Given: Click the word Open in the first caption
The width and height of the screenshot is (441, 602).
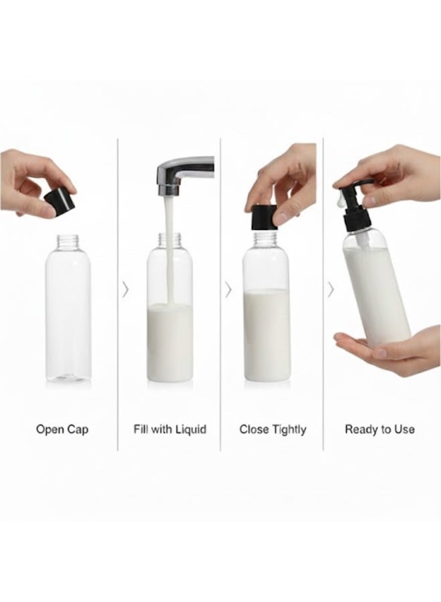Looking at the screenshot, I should click(x=49, y=429).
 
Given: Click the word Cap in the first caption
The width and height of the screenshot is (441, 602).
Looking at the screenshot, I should click(x=78, y=429).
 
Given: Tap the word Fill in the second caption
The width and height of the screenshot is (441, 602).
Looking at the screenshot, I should click(x=140, y=429).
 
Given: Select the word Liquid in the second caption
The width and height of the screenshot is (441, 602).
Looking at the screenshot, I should click(x=191, y=429).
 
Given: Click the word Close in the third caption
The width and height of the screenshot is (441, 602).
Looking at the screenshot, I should click(x=254, y=429).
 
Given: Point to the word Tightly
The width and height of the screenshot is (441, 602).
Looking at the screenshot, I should click(x=289, y=429).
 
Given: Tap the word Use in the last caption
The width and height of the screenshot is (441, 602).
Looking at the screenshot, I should click(x=404, y=429).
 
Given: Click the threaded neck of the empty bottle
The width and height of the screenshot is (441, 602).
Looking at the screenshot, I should click(x=67, y=239).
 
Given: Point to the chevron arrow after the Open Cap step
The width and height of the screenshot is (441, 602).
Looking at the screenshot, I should click(x=125, y=289).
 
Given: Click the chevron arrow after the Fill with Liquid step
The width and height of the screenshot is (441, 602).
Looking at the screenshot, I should click(x=228, y=289).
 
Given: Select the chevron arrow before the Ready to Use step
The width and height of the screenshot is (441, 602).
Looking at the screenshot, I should click(x=330, y=289).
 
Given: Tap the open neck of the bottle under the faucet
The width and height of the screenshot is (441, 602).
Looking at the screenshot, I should click(x=170, y=239).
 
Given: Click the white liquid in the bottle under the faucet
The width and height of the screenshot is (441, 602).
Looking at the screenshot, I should click(x=170, y=341).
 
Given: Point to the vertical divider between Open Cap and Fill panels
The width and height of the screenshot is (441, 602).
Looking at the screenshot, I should click(x=118, y=294).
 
